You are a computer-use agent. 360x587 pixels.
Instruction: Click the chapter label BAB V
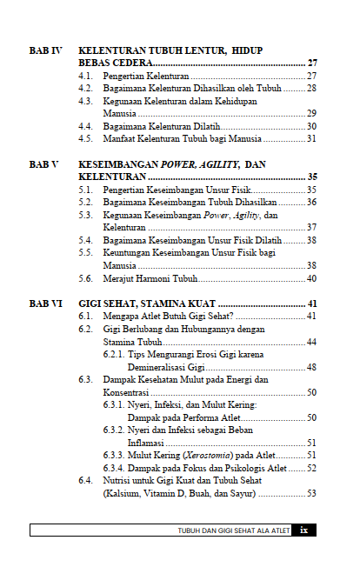point(43,164)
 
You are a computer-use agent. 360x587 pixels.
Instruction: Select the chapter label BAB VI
point(44,304)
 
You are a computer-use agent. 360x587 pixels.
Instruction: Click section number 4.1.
point(85,77)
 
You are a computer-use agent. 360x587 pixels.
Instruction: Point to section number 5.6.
point(85,278)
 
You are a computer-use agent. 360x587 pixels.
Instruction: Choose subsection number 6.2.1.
point(115,355)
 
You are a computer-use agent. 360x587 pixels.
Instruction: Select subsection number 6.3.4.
point(115,468)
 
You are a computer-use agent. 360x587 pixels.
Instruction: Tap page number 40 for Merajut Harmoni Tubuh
point(311,278)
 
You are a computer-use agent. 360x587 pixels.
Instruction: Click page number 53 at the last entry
point(311,493)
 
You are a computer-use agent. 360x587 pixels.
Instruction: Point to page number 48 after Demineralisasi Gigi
point(311,367)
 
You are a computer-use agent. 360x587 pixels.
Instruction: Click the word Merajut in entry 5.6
point(117,278)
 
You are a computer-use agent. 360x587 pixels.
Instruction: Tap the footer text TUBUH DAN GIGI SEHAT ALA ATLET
point(233,530)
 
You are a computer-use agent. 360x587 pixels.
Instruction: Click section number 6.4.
point(85,480)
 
